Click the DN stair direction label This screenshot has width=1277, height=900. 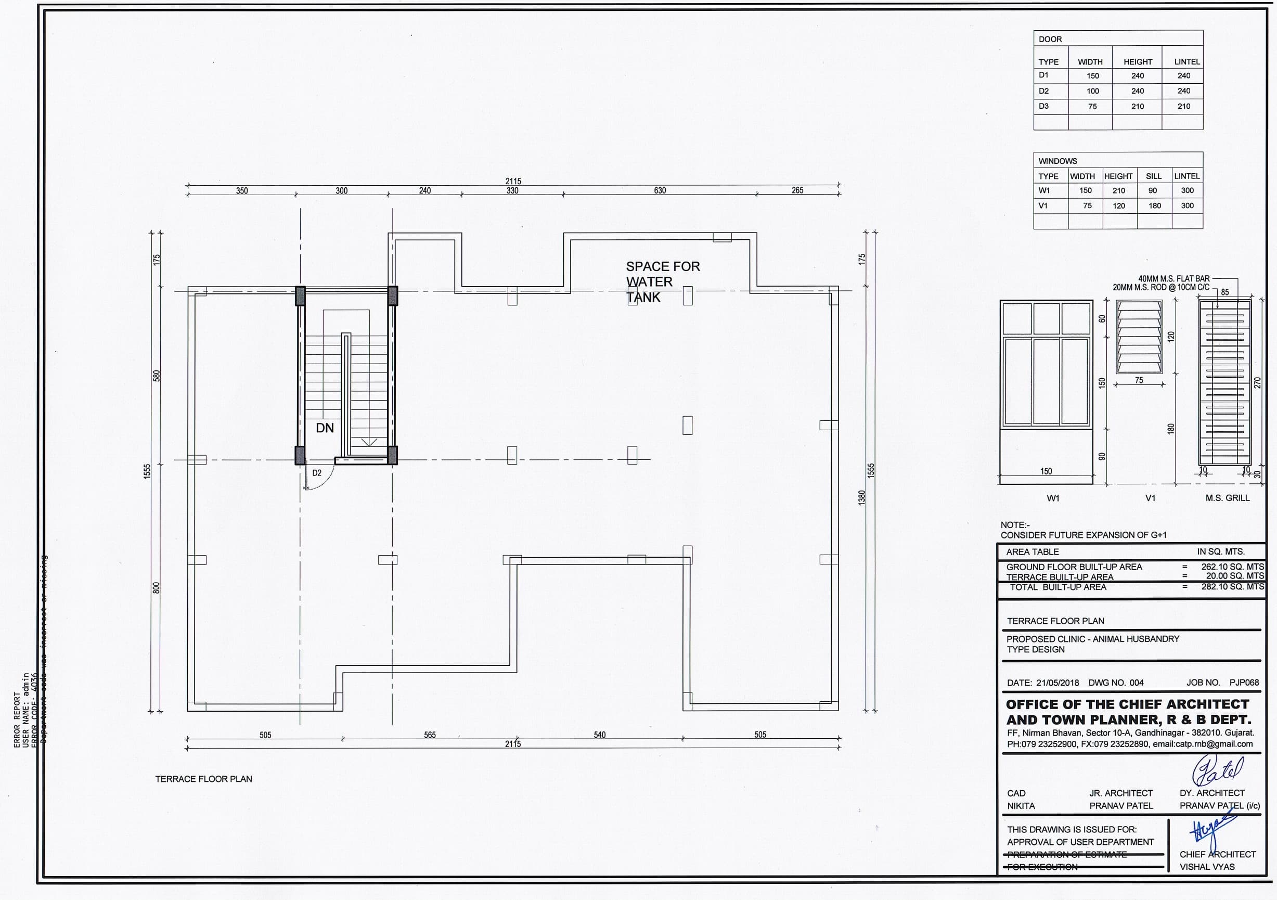pyautogui.click(x=325, y=428)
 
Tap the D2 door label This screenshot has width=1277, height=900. pyautogui.click(x=316, y=473)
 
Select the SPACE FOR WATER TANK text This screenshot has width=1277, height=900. pyautogui.click(x=662, y=281)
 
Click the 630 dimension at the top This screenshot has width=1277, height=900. pyautogui.click(x=660, y=191)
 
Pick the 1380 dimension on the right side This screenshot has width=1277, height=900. pyautogui.click(x=862, y=497)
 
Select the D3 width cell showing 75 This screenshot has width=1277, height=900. pyautogui.click(x=1092, y=106)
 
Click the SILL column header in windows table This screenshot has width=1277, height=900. pyautogui.click(x=1154, y=176)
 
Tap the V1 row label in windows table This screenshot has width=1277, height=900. pyautogui.click(x=1043, y=206)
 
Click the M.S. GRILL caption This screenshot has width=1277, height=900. pyautogui.click(x=1227, y=498)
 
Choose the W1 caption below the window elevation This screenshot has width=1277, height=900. pyautogui.click(x=1053, y=498)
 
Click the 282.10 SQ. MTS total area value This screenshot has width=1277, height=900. pyautogui.click(x=1232, y=587)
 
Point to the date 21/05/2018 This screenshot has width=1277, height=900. pyautogui.click(x=1057, y=683)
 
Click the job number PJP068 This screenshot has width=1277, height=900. pyautogui.click(x=1244, y=683)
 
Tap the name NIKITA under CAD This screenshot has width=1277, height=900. pyautogui.click(x=1021, y=806)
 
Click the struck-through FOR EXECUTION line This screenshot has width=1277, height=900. pyautogui.click(x=1042, y=867)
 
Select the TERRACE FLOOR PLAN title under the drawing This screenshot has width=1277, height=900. pyautogui.click(x=203, y=779)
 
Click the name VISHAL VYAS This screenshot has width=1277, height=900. pyautogui.click(x=1207, y=867)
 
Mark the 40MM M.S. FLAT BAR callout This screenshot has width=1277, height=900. pyautogui.click(x=1173, y=279)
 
